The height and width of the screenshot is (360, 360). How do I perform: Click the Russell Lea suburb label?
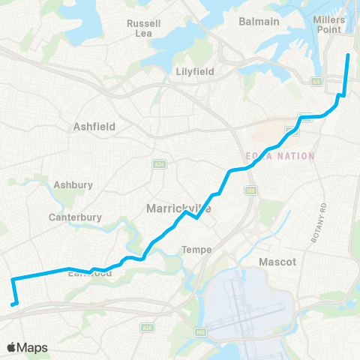pos(142,28)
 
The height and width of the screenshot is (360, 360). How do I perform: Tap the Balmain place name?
pos(259,22)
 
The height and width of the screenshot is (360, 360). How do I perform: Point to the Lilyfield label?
pos(194,71)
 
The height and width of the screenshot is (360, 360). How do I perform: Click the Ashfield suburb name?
pos(94,127)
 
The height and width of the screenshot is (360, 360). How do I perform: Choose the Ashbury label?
pos(73,184)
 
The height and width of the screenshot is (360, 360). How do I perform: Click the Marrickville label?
pos(178,208)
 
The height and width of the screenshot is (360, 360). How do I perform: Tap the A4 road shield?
pos(316,81)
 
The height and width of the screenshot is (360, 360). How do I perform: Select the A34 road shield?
pos(158,163)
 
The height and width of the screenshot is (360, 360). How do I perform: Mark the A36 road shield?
pos(147,327)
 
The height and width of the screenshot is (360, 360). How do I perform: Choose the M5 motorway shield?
pos(200,331)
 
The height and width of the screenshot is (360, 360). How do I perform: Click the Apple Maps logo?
pos(28,347)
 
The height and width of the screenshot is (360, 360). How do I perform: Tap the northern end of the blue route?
pos(348,55)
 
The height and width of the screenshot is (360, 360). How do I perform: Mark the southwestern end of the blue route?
pos(13,304)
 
